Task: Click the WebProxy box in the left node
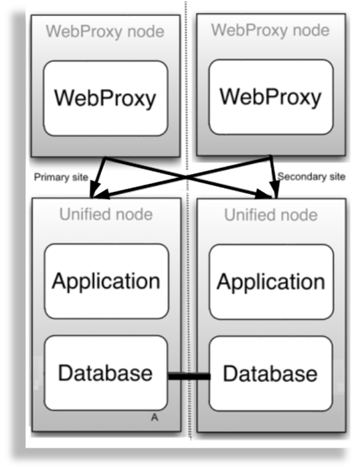[105, 98]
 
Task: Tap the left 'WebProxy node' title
[104, 31]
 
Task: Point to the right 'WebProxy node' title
[270, 30]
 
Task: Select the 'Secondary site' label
[312, 177]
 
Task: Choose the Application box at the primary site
[106, 281]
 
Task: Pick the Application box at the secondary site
[270, 282]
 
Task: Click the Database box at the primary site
[106, 373]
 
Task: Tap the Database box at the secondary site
[270, 373]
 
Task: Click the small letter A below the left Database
[155, 417]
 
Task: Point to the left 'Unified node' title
[105, 215]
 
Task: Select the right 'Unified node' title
[270, 215]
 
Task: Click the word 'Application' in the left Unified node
[106, 281]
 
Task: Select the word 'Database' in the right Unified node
[270, 373]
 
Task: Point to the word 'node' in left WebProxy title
[145, 31]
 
